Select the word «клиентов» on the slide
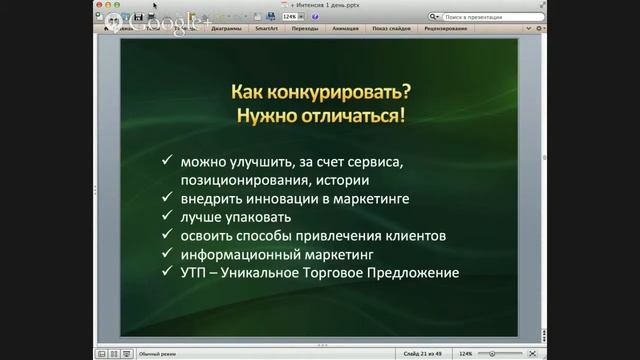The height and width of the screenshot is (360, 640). point(416,236)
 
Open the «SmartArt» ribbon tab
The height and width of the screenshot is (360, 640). point(266,29)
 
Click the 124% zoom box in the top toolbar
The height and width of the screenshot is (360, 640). point(290,17)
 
